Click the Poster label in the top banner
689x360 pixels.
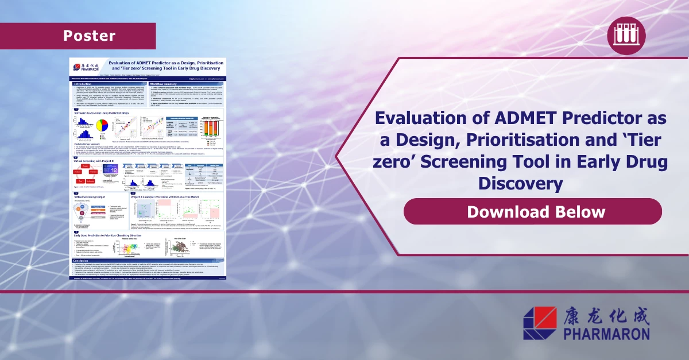(89, 36)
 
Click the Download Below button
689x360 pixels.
(535, 211)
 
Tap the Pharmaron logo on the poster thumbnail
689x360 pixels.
(86, 67)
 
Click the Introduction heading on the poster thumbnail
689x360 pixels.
(87, 84)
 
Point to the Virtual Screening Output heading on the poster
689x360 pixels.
(92, 196)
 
